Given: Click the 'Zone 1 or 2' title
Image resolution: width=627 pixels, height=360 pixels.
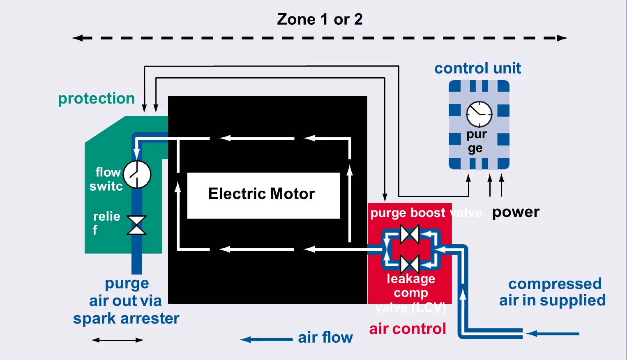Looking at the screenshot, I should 320,19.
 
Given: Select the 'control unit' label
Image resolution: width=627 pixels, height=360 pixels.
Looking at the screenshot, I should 477,68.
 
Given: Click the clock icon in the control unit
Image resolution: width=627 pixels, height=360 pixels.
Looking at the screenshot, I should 479,114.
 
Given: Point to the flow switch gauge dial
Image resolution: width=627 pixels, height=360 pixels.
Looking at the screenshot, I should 137,175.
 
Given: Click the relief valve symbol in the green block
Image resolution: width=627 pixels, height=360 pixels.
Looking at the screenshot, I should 136,225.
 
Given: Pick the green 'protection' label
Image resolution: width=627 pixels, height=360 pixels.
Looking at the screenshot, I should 96,99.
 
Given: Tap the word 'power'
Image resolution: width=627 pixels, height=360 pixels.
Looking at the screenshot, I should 516,212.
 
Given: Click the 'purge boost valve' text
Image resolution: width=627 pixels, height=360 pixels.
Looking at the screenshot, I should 426,213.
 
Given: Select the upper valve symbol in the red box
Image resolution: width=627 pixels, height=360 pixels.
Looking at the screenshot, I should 410,235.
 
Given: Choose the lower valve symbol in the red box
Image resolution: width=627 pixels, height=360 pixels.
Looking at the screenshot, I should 410,264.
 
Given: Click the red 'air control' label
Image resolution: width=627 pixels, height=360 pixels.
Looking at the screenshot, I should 407,329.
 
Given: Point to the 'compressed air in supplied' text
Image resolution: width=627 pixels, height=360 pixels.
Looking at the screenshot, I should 553,292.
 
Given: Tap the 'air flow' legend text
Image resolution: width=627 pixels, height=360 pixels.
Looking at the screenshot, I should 325,337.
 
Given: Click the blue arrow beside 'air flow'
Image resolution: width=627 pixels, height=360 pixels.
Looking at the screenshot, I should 266,339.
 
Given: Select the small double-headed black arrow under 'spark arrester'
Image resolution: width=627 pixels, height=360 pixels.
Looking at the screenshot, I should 118,340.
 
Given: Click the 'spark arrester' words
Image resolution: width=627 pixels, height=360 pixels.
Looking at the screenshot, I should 126,318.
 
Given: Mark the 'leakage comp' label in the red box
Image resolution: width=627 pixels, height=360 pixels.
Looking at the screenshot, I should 411,286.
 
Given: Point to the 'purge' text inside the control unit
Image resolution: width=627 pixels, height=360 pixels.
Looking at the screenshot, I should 476,141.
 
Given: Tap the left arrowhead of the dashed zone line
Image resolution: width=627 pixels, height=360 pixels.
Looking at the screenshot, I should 76,38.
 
